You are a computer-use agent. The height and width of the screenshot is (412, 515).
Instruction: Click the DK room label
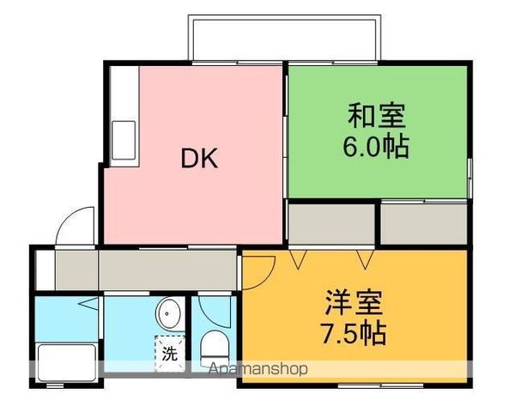(x=198, y=158)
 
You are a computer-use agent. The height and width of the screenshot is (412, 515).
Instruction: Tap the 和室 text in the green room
(x=377, y=114)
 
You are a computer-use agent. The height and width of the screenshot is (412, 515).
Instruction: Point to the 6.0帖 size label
(x=377, y=146)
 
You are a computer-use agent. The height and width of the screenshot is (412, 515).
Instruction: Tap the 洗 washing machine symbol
(x=169, y=353)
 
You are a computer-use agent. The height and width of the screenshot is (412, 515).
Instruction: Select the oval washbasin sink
(x=169, y=314)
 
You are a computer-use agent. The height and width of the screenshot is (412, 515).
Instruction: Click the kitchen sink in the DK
(x=121, y=137)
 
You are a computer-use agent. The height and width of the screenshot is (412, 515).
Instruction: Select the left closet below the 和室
(x=331, y=223)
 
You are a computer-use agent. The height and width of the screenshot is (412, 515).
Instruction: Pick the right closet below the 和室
(x=424, y=223)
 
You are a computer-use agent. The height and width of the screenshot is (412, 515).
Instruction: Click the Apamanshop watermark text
(x=258, y=370)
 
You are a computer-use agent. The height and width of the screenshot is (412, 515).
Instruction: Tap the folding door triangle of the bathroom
(x=88, y=304)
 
